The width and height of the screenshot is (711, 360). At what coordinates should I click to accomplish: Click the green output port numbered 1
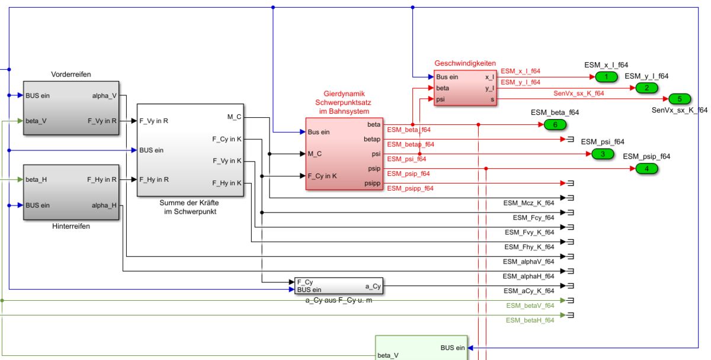coord(606,77)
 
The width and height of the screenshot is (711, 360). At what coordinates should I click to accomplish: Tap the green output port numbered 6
coord(555,124)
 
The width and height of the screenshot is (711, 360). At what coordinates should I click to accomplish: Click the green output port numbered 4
coord(646,169)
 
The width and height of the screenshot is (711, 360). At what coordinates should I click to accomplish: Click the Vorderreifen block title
coord(71,75)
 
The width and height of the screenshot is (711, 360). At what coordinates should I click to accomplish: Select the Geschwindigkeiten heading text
coord(465,63)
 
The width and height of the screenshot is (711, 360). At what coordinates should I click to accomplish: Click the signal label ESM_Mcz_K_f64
coord(529,203)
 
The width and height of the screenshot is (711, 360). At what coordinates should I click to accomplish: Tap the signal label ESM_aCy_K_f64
coord(529,291)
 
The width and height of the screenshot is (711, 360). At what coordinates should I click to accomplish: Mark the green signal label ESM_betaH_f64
coord(530,320)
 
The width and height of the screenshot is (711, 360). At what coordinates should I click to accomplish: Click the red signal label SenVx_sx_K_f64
coord(579,94)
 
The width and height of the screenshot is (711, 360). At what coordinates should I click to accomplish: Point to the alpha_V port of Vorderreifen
coord(104,95)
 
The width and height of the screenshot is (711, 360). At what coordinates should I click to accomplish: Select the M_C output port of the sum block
coord(234,117)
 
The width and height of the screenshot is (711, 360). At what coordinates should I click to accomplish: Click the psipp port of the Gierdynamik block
coord(373,184)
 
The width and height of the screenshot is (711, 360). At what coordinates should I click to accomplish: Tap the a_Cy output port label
coord(373,287)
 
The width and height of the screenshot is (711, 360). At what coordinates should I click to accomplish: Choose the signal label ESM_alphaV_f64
coord(529,261)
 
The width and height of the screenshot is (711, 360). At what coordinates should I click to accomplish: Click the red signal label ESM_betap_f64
coord(411,144)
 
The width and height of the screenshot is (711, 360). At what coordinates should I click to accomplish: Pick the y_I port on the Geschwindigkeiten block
coord(489,88)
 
